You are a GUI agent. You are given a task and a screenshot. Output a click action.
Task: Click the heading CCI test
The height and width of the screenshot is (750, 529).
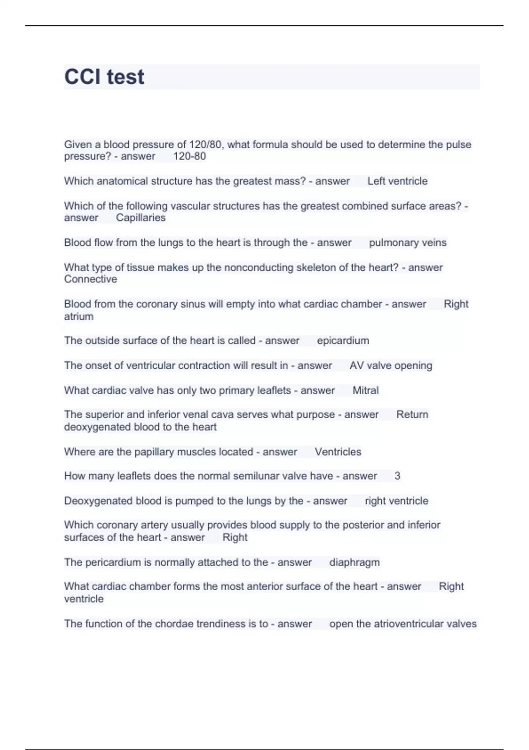coord(104,77)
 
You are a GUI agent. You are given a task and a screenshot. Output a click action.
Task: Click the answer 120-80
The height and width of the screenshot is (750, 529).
coord(189,156)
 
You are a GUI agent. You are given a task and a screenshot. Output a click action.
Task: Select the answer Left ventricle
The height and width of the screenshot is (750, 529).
coord(397,181)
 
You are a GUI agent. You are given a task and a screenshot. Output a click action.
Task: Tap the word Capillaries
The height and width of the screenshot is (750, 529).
coord(141,217)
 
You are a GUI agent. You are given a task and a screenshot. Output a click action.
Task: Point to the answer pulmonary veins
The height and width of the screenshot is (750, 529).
coord(407,242)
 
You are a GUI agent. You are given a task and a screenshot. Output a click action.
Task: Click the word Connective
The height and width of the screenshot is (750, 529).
coord(90,279)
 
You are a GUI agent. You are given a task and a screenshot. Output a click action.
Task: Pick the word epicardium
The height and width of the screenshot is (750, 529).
coord(343,341)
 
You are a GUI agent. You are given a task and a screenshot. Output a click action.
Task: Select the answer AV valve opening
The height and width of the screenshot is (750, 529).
coord(391,365)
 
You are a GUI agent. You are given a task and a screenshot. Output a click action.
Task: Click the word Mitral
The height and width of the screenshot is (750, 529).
coord(365,390)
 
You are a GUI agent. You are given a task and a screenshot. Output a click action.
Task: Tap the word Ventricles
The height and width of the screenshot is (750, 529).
coord(338,452)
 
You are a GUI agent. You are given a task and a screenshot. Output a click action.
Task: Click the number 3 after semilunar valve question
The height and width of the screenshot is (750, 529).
coord(397,476)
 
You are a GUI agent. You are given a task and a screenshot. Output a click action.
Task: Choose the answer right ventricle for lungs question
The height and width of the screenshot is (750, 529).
coord(396,501)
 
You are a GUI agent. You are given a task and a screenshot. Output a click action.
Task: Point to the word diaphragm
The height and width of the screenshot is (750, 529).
coord(354,562)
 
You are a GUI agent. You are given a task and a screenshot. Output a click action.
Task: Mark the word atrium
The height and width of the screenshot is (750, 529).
coord(78,316)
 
